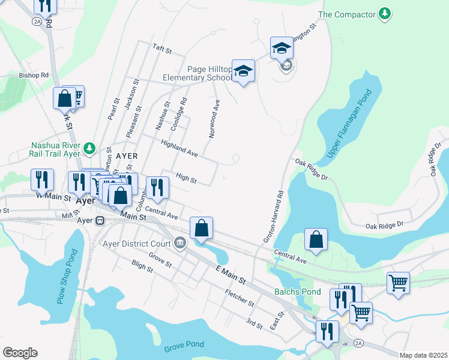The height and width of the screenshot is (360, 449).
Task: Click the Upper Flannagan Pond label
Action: point(350,125)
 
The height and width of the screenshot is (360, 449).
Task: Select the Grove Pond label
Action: point(184,344)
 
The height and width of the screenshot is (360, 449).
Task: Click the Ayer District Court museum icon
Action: point(179,243)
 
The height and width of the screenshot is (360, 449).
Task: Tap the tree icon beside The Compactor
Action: point(384,13)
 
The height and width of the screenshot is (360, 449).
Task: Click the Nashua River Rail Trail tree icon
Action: point(89,147)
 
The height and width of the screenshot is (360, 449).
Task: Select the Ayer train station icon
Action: point(100,220)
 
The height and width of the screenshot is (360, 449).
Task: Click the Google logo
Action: point(20,353)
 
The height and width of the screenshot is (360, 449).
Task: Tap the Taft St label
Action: point(162,47)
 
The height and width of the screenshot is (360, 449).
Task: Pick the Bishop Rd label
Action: point(33,76)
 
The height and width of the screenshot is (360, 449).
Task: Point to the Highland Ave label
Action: point(179,149)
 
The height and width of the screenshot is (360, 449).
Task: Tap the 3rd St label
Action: point(255,325)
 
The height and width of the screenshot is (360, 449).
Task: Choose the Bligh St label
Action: point(142,266)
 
